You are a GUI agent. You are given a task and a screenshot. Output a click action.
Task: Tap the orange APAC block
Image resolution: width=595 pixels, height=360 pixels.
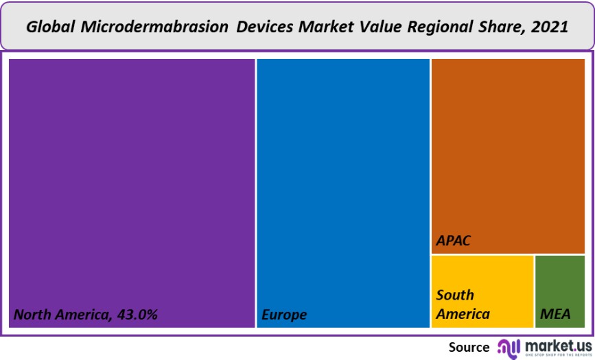pos(509,151)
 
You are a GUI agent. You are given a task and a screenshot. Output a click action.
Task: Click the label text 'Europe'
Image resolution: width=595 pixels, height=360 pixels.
pos(284,315)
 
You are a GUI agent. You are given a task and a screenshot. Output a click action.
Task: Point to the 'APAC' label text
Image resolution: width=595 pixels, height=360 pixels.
pos(454,241)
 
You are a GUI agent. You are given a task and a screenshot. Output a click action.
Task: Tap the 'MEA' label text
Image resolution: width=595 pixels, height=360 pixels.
pos(556,314)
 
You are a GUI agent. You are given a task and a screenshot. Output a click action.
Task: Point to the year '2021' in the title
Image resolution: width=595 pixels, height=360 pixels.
pos(550,27)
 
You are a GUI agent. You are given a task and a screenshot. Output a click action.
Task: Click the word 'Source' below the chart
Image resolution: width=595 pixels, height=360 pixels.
pos(469,347)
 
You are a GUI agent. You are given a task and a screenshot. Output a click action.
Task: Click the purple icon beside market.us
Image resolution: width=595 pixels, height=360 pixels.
pos(509,347)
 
